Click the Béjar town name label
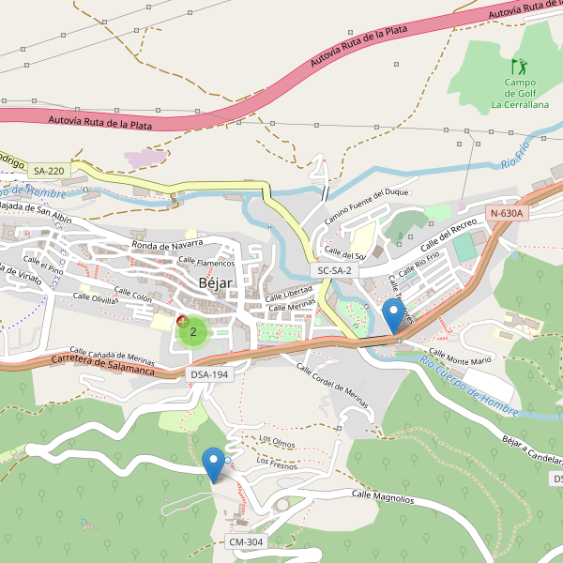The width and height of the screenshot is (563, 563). click(x=215, y=283)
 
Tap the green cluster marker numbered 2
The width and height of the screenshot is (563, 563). click(x=193, y=331)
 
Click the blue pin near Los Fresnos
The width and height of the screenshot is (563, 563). click(x=215, y=464)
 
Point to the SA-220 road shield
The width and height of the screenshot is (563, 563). click(x=49, y=171)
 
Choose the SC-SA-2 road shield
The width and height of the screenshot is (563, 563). click(x=335, y=270)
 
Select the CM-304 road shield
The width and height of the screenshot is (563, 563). click(x=247, y=542)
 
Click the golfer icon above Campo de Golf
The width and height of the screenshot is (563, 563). click(x=519, y=67)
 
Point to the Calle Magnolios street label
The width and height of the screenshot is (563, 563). click(x=383, y=496)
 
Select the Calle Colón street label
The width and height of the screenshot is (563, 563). click(x=132, y=295)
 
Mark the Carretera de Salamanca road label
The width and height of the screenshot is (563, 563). click(x=102, y=364)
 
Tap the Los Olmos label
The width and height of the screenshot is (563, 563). click(x=277, y=439)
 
